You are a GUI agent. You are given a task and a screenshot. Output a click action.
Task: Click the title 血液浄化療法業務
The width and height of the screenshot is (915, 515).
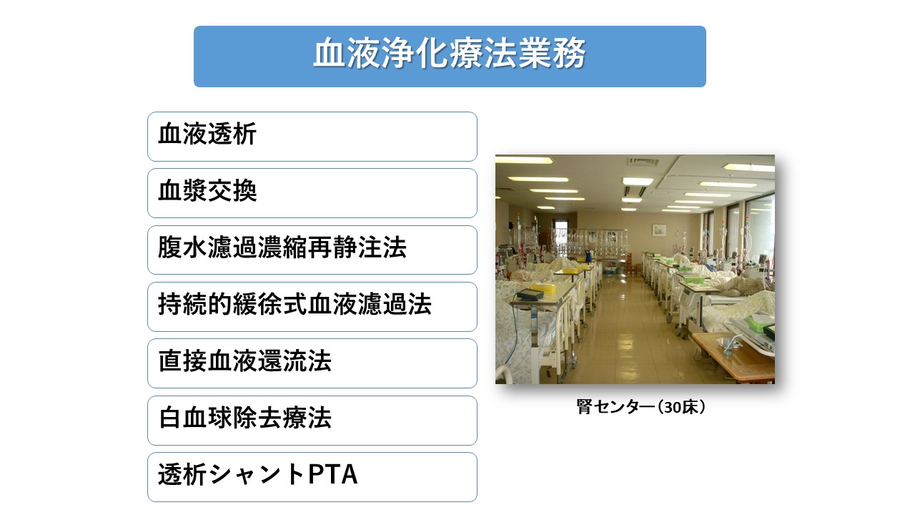click(x=449, y=56)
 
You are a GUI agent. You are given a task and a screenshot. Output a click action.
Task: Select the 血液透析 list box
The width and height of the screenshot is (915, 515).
click(x=312, y=136)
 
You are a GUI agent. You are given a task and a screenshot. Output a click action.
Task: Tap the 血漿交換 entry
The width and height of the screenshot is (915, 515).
click(x=312, y=192)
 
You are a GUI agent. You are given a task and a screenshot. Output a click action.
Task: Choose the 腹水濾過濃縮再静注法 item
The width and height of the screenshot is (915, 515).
click(x=312, y=250)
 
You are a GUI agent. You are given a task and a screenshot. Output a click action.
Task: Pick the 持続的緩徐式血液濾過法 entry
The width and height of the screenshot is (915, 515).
click(x=312, y=306)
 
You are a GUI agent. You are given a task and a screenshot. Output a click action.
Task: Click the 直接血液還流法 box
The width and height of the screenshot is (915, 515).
click(x=312, y=363)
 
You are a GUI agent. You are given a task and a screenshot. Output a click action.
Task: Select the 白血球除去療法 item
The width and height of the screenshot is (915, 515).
click(x=312, y=420)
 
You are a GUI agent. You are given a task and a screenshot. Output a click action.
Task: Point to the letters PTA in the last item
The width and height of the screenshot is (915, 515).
click(x=332, y=476)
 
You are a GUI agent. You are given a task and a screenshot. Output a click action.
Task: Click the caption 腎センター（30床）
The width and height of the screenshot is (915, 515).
click(x=641, y=408)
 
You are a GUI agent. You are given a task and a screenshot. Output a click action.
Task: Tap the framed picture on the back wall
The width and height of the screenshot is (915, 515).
click(x=659, y=230)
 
